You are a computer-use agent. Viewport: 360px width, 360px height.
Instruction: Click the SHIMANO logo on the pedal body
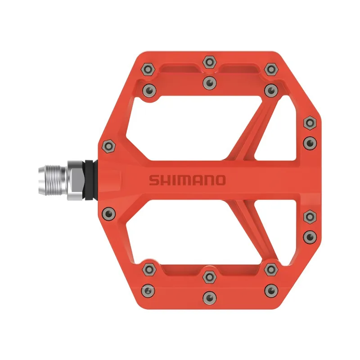(x=187, y=180)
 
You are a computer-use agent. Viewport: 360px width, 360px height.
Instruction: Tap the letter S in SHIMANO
(x=153, y=180)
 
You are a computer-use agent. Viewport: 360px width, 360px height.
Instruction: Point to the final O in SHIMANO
(x=219, y=180)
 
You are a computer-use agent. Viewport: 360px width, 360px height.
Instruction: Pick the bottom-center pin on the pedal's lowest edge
(x=208, y=297)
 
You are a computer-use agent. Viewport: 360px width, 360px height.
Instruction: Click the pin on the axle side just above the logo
(x=108, y=145)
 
